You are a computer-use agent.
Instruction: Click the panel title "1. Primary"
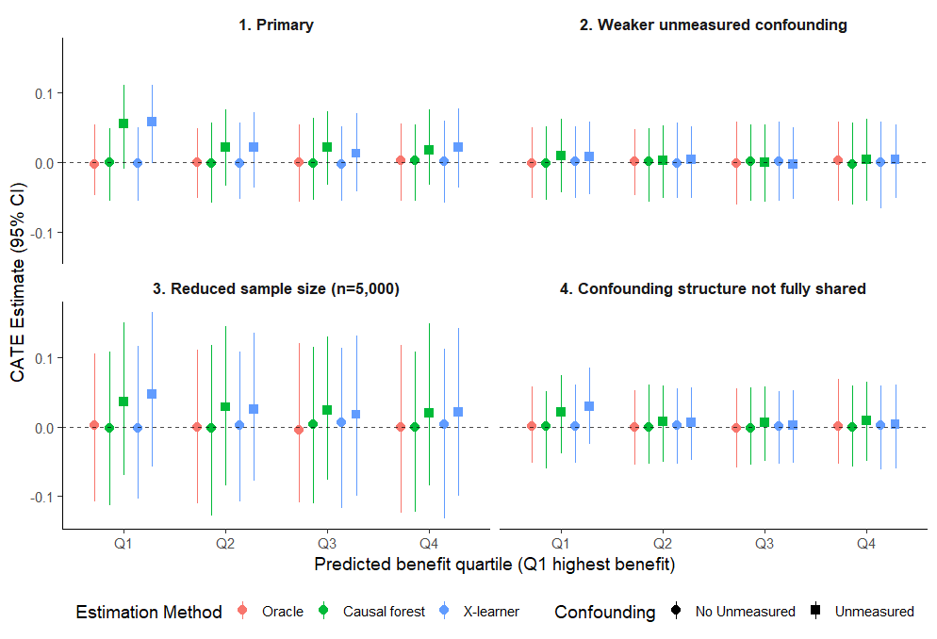[x=275, y=25]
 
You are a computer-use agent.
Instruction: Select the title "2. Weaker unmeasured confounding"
[x=713, y=25]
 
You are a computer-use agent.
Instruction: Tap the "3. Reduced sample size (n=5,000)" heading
[x=275, y=289]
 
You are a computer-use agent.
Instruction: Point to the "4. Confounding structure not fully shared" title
[x=713, y=289]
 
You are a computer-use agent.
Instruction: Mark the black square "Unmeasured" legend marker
[x=817, y=612]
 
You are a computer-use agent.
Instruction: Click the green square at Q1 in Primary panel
[x=123, y=123]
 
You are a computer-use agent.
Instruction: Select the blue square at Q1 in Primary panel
[x=152, y=122]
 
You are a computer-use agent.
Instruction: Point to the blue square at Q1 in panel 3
[x=152, y=394]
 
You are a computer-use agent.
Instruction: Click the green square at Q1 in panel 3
[x=123, y=401]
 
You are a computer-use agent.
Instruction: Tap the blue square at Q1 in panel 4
[x=589, y=406]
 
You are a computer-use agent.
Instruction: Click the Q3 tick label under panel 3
[x=326, y=544]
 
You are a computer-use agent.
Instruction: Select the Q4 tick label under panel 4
[x=865, y=544]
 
